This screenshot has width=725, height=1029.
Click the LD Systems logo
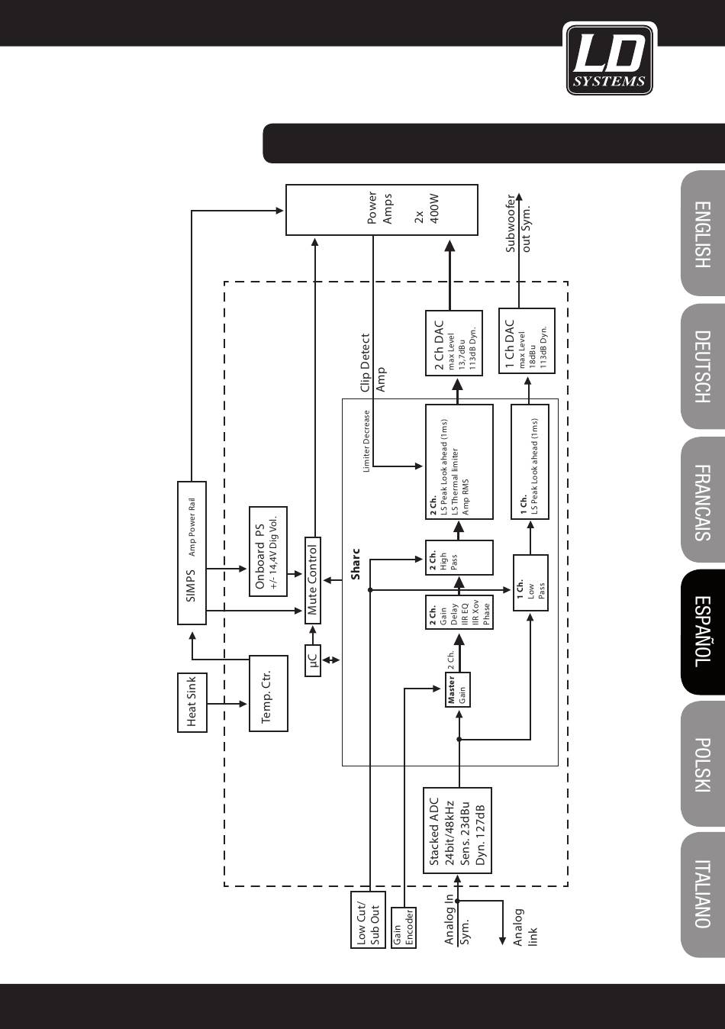[x=609, y=58]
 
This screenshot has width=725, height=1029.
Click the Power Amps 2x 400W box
[x=382, y=210]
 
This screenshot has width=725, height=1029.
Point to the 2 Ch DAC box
[x=453, y=343]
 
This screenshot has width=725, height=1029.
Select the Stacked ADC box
[x=457, y=831]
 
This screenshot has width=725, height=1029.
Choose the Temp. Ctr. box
[x=269, y=693]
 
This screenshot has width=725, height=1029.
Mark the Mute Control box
[x=312, y=580]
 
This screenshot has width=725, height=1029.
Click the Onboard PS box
[x=268, y=550]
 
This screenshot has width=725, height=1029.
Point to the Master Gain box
[x=457, y=690]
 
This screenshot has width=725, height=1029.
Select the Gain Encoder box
[x=403, y=927]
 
